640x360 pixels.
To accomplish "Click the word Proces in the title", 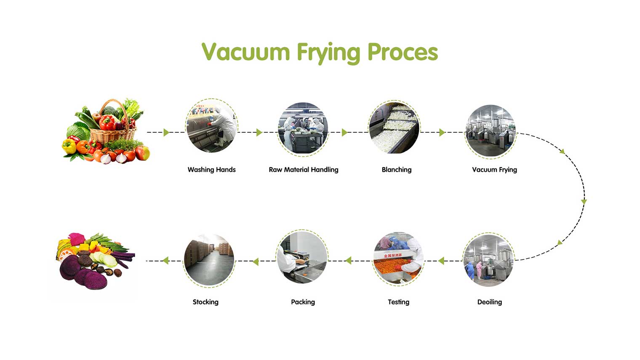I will pyautogui.click(x=403, y=52).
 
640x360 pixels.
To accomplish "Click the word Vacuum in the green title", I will pyautogui.click(x=245, y=52).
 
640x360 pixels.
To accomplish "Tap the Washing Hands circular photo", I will pyautogui.click(x=212, y=126).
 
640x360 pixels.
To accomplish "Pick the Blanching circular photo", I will pyautogui.click(x=394, y=128).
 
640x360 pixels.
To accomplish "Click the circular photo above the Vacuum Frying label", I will pyautogui.click(x=491, y=131).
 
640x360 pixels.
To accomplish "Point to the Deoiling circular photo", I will pyautogui.click(x=488, y=259).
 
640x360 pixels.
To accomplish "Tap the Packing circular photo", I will pyautogui.click(x=302, y=257).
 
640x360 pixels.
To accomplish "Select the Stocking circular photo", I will pyautogui.click(x=209, y=260).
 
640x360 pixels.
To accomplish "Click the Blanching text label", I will pyautogui.click(x=396, y=170).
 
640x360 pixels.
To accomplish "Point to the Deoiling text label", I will pyautogui.click(x=489, y=302).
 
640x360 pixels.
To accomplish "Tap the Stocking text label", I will pyautogui.click(x=205, y=302).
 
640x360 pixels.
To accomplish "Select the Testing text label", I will pyautogui.click(x=398, y=302).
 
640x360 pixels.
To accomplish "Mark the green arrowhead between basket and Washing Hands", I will pyautogui.click(x=166, y=133).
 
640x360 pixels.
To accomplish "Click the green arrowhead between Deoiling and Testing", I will pyautogui.click(x=441, y=261).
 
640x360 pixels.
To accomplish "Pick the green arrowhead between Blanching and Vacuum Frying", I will pyautogui.click(x=442, y=133).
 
